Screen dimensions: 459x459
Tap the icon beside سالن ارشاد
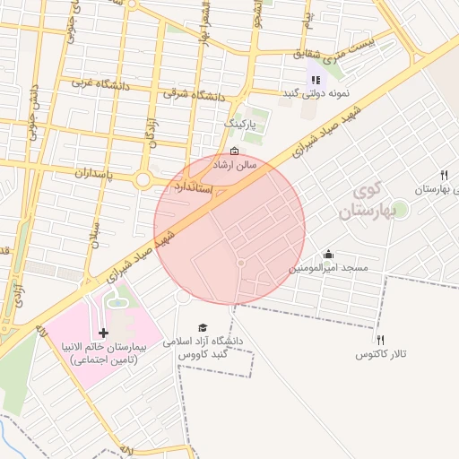[234, 151]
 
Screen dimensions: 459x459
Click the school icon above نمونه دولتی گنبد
[315, 80]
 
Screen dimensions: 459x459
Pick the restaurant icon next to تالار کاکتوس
[380, 340]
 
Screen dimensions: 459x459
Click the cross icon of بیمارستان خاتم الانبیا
[103, 333]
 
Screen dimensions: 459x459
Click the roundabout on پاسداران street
[143, 180]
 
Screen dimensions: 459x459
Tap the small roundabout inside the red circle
[241, 262]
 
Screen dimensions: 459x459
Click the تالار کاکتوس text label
[380, 355]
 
